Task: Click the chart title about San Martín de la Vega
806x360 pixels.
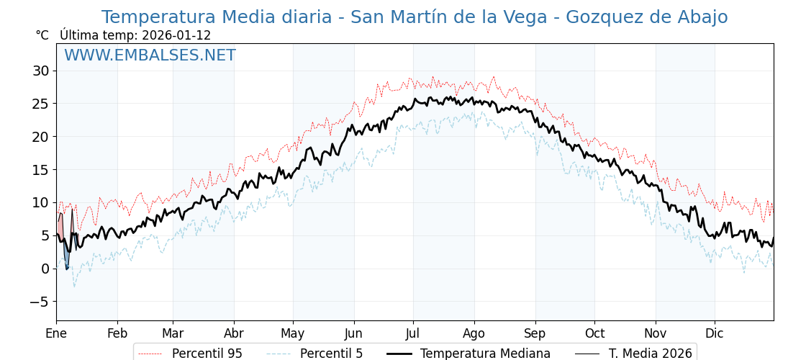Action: pos(414,17)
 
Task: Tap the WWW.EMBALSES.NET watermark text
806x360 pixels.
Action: pos(150,55)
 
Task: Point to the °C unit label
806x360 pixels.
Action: pos(42,35)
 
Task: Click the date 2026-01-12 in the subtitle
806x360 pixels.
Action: pos(176,35)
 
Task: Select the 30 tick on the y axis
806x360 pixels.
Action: pos(40,71)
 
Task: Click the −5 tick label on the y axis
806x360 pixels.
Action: pos(39,302)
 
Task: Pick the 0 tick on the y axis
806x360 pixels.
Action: pos(45,269)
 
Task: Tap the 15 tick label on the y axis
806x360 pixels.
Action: pos(40,170)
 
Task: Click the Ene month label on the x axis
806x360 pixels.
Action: pos(56,333)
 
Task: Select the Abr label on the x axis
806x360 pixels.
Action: pos(234,333)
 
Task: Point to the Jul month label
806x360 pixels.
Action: pos(413,333)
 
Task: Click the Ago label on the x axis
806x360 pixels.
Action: pos(474,333)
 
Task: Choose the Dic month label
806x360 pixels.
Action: pos(715,333)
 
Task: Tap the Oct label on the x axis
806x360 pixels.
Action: pos(594,333)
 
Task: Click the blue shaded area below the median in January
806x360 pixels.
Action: pos(66,258)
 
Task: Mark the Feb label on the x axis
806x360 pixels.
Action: pos(117,333)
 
